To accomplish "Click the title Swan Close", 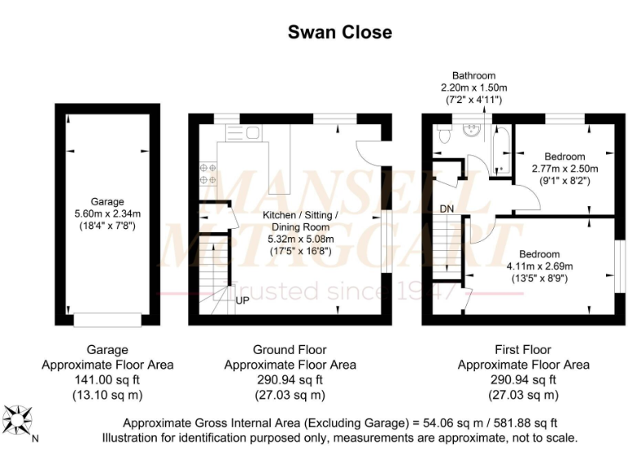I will pyautogui.click(x=339, y=33).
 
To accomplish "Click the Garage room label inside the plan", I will pyautogui.click(x=107, y=202).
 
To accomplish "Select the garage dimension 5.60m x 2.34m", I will pyautogui.click(x=107, y=213).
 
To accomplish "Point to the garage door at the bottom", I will pyautogui.click(x=107, y=319).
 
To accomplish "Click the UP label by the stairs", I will pyautogui.click(x=243, y=300).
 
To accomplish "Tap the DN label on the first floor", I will pyautogui.click(x=446, y=209).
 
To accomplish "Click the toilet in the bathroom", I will pyautogui.click(x=444, y=133).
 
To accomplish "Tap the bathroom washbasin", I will pyautogui.click(x=473, y=131).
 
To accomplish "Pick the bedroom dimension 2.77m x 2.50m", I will pyautogui.click(x=565, y=168).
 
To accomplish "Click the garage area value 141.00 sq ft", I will pyautogui.click(x=107, y=380).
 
